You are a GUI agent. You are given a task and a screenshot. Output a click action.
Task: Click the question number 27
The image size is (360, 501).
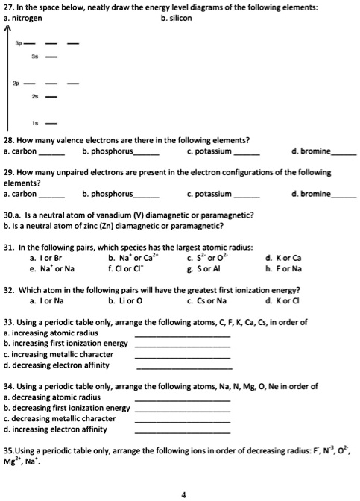[9, 7]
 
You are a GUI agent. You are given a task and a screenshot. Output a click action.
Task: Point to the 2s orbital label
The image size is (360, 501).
[45, 97]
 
